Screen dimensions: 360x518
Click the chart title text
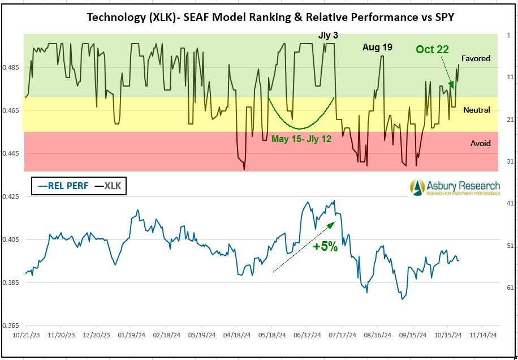coord(270,17)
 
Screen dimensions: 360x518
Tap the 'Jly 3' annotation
coord(328,35)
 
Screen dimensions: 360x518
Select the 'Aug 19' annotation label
coord(377,48)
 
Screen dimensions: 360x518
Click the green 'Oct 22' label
coord(432,50)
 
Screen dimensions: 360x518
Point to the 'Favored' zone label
coord(476,58)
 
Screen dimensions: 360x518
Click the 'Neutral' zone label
coord(476,110)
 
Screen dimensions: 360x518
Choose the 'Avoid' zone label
coord(480,143)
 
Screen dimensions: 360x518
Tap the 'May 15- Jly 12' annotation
coord(301,139)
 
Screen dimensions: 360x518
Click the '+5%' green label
coord(325,246)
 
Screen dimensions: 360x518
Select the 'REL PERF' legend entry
coord(63,186)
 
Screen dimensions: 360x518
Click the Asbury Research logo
coord(455,187)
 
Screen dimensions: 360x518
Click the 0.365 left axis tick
coord(11,325)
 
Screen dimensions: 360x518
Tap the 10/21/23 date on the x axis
coord(25,335)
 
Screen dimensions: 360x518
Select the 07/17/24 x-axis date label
coord(342,335)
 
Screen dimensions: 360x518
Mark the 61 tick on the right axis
coord(510,288)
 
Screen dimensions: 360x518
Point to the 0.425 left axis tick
coord(11,197)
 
